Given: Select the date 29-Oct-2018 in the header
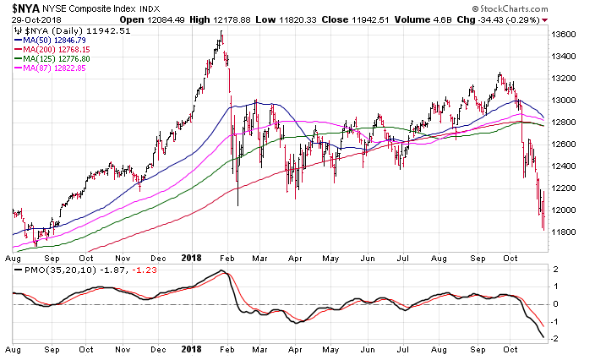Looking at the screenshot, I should (30, 18).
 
